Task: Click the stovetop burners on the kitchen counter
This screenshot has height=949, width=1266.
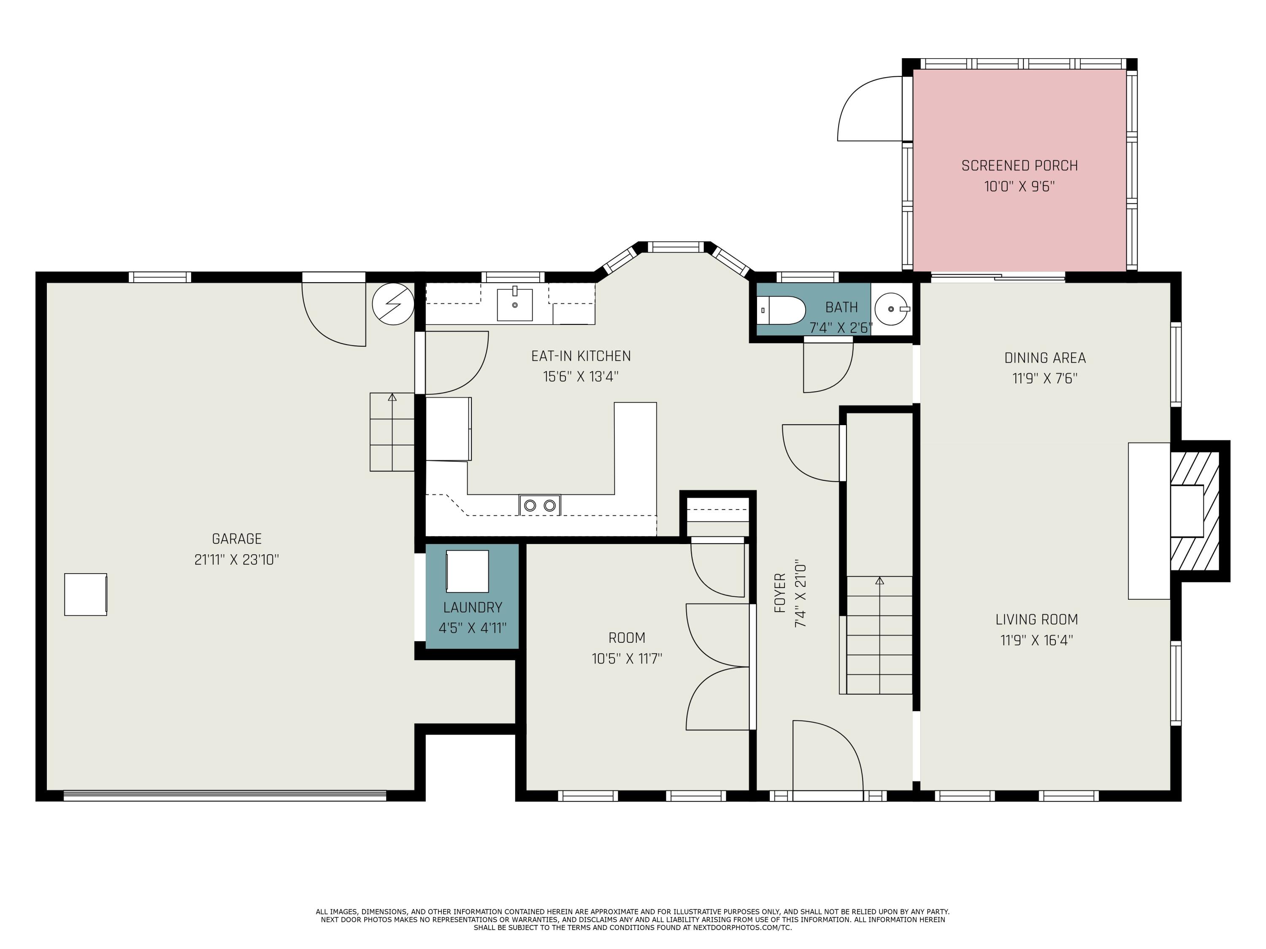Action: coord(540,505)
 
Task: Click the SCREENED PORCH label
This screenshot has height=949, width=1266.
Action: coord(1019,166)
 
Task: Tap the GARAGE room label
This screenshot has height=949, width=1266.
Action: coord(236,539)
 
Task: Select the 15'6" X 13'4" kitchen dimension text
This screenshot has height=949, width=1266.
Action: coord(581,376)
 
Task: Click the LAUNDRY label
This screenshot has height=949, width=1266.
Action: coord(473,607)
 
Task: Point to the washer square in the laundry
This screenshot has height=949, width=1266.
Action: coord(468,571)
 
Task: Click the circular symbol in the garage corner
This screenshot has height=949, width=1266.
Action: coord(393,304)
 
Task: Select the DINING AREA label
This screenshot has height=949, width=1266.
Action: coord(1045,358)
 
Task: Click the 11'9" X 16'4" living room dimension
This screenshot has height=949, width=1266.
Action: coord(1036,640)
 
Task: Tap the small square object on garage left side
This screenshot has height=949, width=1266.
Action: coord(85,594)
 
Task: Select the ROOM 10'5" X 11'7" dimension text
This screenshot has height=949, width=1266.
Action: coord(627,659)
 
